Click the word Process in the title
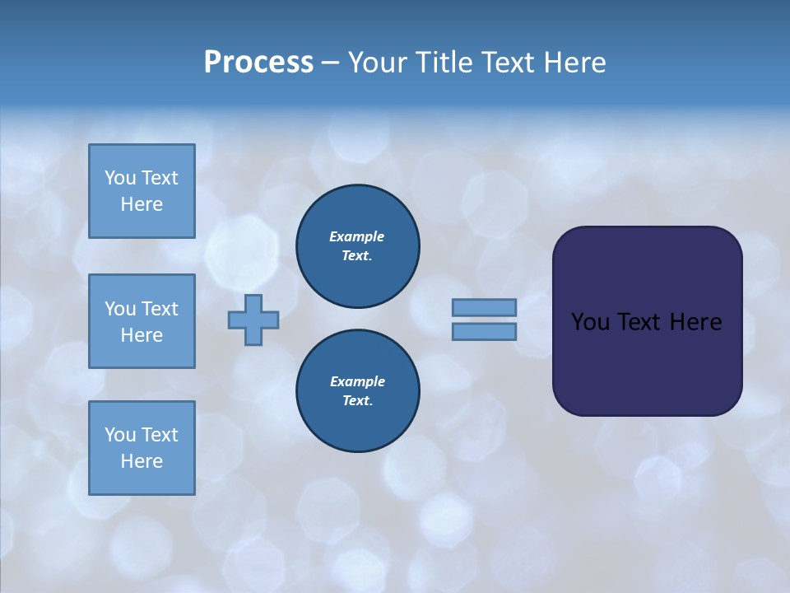[258, 63]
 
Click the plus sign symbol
[253, 320]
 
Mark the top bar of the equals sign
[484, 307]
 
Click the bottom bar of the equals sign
[484, 331]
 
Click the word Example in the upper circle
[357, 236]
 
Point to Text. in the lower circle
[357, 401]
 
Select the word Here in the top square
[142, 204]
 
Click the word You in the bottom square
[120, 435]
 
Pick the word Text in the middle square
[159, 309]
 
